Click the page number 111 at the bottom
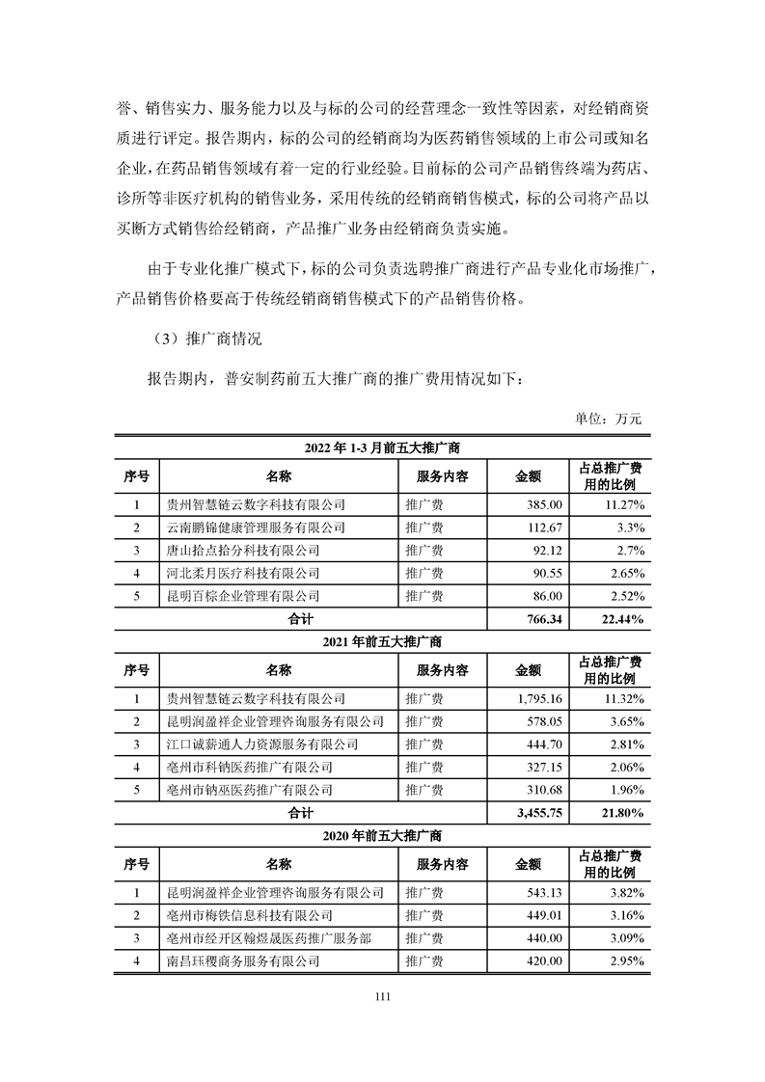(x=382, y=999)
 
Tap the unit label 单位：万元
(x=608, y=419)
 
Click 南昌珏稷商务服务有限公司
(x=243, y=961)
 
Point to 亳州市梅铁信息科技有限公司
(x=249, y=916)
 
